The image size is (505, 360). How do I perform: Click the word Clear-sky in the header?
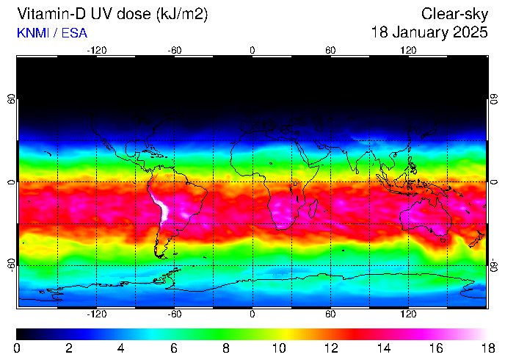pos(454,14)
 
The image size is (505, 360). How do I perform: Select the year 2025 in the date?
pos(470,33)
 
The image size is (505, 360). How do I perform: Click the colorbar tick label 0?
pos(17,348)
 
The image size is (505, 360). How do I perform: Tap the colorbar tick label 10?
pos(278,348)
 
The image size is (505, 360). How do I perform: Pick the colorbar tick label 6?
pos(174,348)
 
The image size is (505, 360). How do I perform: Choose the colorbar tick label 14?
pos(382,348)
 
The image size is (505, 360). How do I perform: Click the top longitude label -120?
pos(96,50)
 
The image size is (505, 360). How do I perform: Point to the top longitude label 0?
pos(252,50)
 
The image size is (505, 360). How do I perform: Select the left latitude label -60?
pos(10,264)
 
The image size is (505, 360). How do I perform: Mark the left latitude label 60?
pos(10,99)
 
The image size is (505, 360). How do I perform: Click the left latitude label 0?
pos(10,181)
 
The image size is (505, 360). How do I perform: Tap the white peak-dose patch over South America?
pos(163,208)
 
